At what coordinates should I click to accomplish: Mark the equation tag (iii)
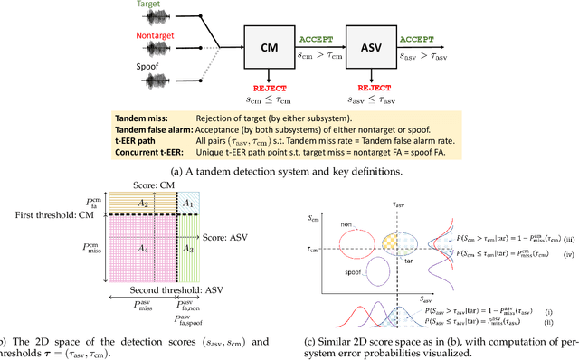point(563,239)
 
